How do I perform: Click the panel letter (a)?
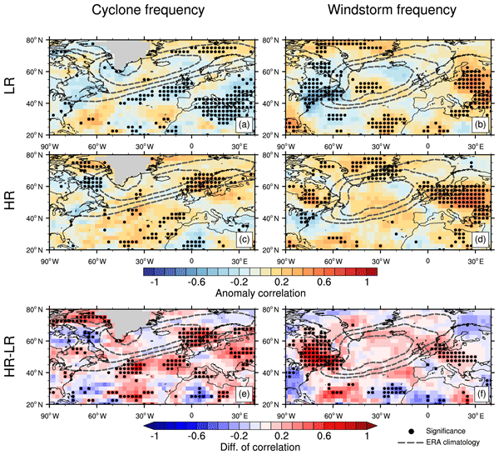click(244, 126)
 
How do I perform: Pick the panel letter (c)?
click(244, 242)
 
